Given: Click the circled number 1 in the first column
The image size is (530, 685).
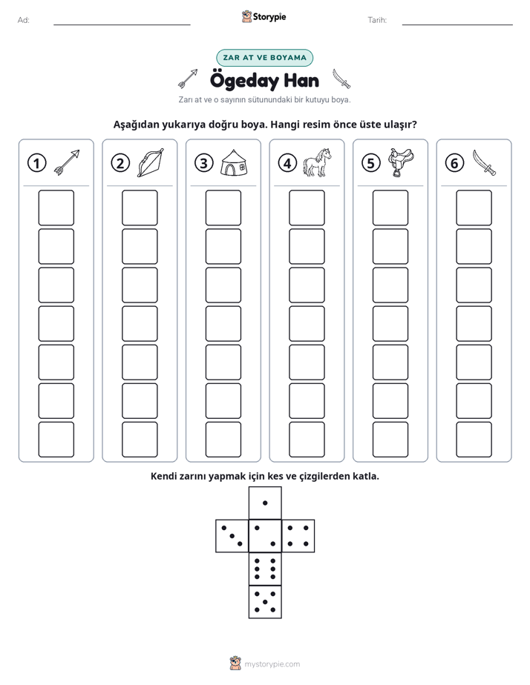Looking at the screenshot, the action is click(36, 163).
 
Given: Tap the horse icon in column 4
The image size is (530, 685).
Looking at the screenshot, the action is click(317, 162).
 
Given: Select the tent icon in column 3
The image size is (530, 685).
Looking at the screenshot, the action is click(234, 162).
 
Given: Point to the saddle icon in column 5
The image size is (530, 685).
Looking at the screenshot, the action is click(401, 162).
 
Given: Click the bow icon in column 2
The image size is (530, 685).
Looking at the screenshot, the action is click(151, 162).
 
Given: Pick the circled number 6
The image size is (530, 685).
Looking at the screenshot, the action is click(454, 163).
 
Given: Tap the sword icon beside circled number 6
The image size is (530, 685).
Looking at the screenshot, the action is click(484, 162).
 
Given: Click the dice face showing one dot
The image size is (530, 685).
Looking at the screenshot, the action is click(265, 503).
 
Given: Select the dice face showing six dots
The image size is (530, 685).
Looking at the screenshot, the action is click(265, 569).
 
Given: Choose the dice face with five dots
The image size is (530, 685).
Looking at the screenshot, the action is click(265, 602).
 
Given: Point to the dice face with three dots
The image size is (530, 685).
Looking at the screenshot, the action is click(232, 536).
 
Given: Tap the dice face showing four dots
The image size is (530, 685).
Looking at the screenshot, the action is click(298, 536).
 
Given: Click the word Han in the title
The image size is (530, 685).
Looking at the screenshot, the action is click(301, 81).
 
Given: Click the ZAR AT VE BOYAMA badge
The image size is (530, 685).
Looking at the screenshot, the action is click(264, 58).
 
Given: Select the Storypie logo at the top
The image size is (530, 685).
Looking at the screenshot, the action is click(264, 17).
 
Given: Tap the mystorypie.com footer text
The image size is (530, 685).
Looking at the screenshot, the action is click(272, 664).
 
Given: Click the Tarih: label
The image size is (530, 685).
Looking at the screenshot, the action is click(377, 20).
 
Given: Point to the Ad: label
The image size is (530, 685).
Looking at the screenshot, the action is click(24, 20).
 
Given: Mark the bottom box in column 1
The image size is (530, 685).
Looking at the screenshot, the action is click(56, 440).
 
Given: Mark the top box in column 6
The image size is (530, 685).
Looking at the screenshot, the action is click(474, 208).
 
